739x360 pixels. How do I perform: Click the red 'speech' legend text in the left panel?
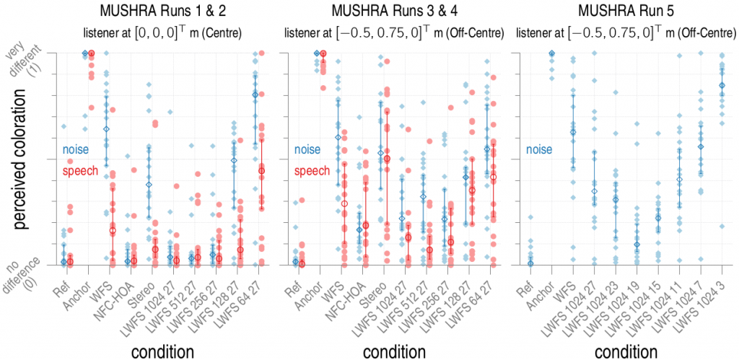pyautogui.click(x=81, y=171)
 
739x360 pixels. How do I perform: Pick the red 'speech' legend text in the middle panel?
pyautogui.click(x=312, y=171)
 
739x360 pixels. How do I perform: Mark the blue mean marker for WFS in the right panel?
pyautogui.click(x=573, y=132)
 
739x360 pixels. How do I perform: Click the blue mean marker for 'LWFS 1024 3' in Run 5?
pyautogui.click(x=721, y=85)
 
